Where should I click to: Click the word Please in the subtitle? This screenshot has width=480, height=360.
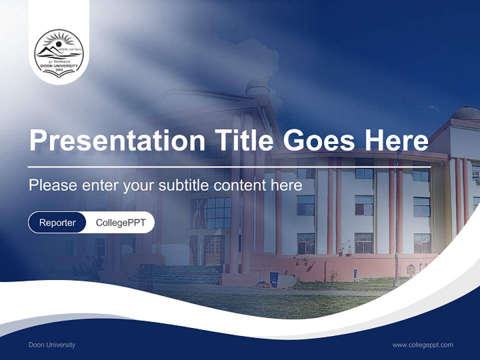pyautogui.click(x=52, y=185)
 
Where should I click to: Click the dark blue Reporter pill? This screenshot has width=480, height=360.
pyautogui.click(x=57, y=222)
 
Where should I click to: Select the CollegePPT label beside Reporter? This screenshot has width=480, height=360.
pyautogui.click(x=120, y=222)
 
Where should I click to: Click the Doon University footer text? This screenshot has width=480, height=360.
pyautogui.click(x=52, y=344)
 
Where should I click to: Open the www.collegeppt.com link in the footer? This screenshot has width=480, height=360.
pyautogui.click(x=422, y=344)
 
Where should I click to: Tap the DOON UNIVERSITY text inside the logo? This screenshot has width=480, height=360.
pyautogui.click(x=59, y=65)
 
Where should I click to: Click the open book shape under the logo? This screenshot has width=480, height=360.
pyautogui.click(x=59, y=73)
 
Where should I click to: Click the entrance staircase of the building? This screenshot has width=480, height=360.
pyautogui.click(x=175, y=274)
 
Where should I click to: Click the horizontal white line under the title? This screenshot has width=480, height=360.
pyautogui.click(x=229, y=166)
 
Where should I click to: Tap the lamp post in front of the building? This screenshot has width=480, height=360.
pyautogui.click(x=397, y=220)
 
